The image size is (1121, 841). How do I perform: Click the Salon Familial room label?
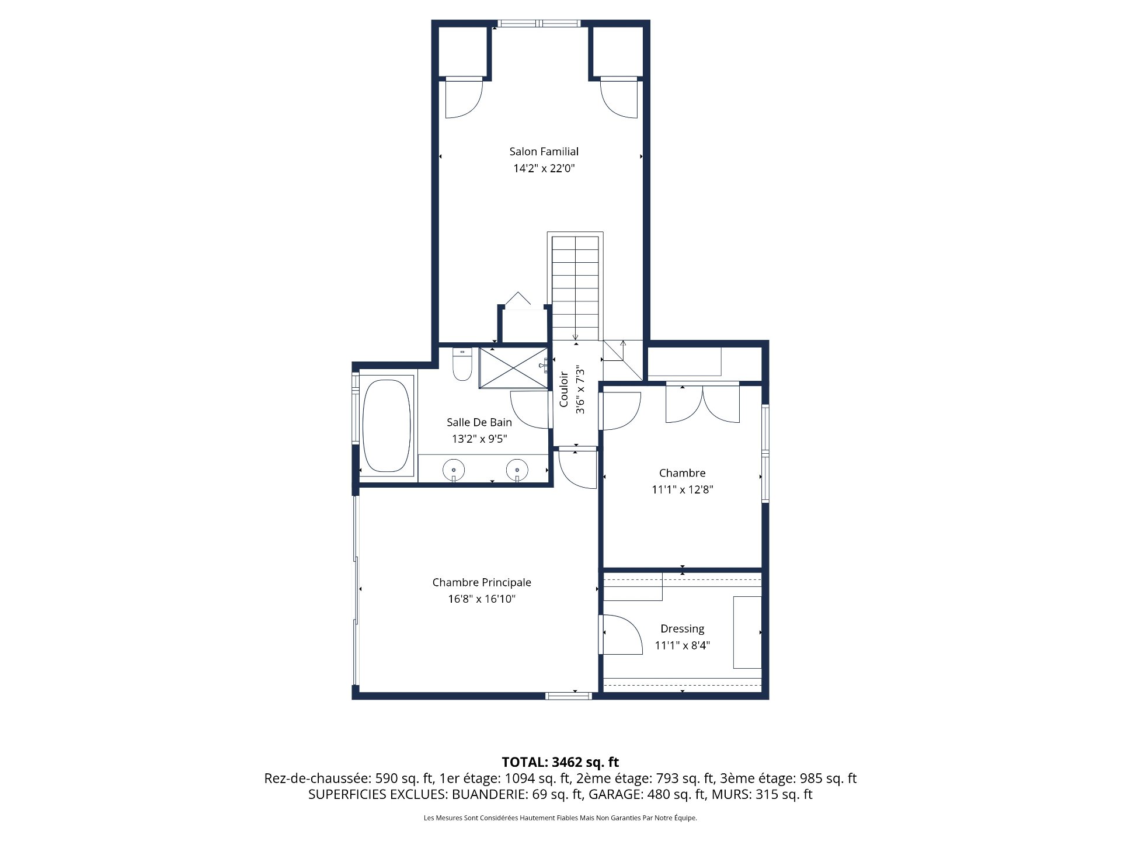click(x=544, y=152)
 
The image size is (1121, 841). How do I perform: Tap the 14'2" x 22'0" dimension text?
click(x=544, y=169)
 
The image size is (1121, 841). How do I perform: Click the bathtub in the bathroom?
click(x=386, y=426)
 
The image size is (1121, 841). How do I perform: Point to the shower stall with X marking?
click(x=513, y=367)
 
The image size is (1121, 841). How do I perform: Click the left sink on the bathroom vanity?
click(x=454, y=468)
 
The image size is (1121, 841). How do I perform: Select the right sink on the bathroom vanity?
click(x=517, y=468)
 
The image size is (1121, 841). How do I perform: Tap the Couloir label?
click(x=564, y=390)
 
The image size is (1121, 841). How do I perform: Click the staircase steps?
click(x=576, y=286)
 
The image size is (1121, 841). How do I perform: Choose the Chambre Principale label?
click(x=482, y=582)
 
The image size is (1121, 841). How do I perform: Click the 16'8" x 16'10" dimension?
click(x=482, y=599)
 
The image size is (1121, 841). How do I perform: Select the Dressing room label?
click(x=682, y=629)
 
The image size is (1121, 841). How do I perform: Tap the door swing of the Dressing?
click(x=620, y=634)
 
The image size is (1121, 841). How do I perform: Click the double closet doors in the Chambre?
click(x=703, y=404)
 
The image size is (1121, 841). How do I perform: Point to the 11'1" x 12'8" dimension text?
click(x=682, y=490)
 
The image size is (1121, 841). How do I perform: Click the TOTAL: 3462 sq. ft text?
click(x=560, y=762)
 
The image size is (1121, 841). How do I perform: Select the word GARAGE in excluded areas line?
click(x=614, y=794)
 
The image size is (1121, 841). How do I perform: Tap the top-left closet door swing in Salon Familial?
click(x=463, y=99)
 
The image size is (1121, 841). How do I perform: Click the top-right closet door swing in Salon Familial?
click(x=619, y=99)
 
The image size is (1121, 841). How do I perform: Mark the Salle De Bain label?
click(x=479, y=422)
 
